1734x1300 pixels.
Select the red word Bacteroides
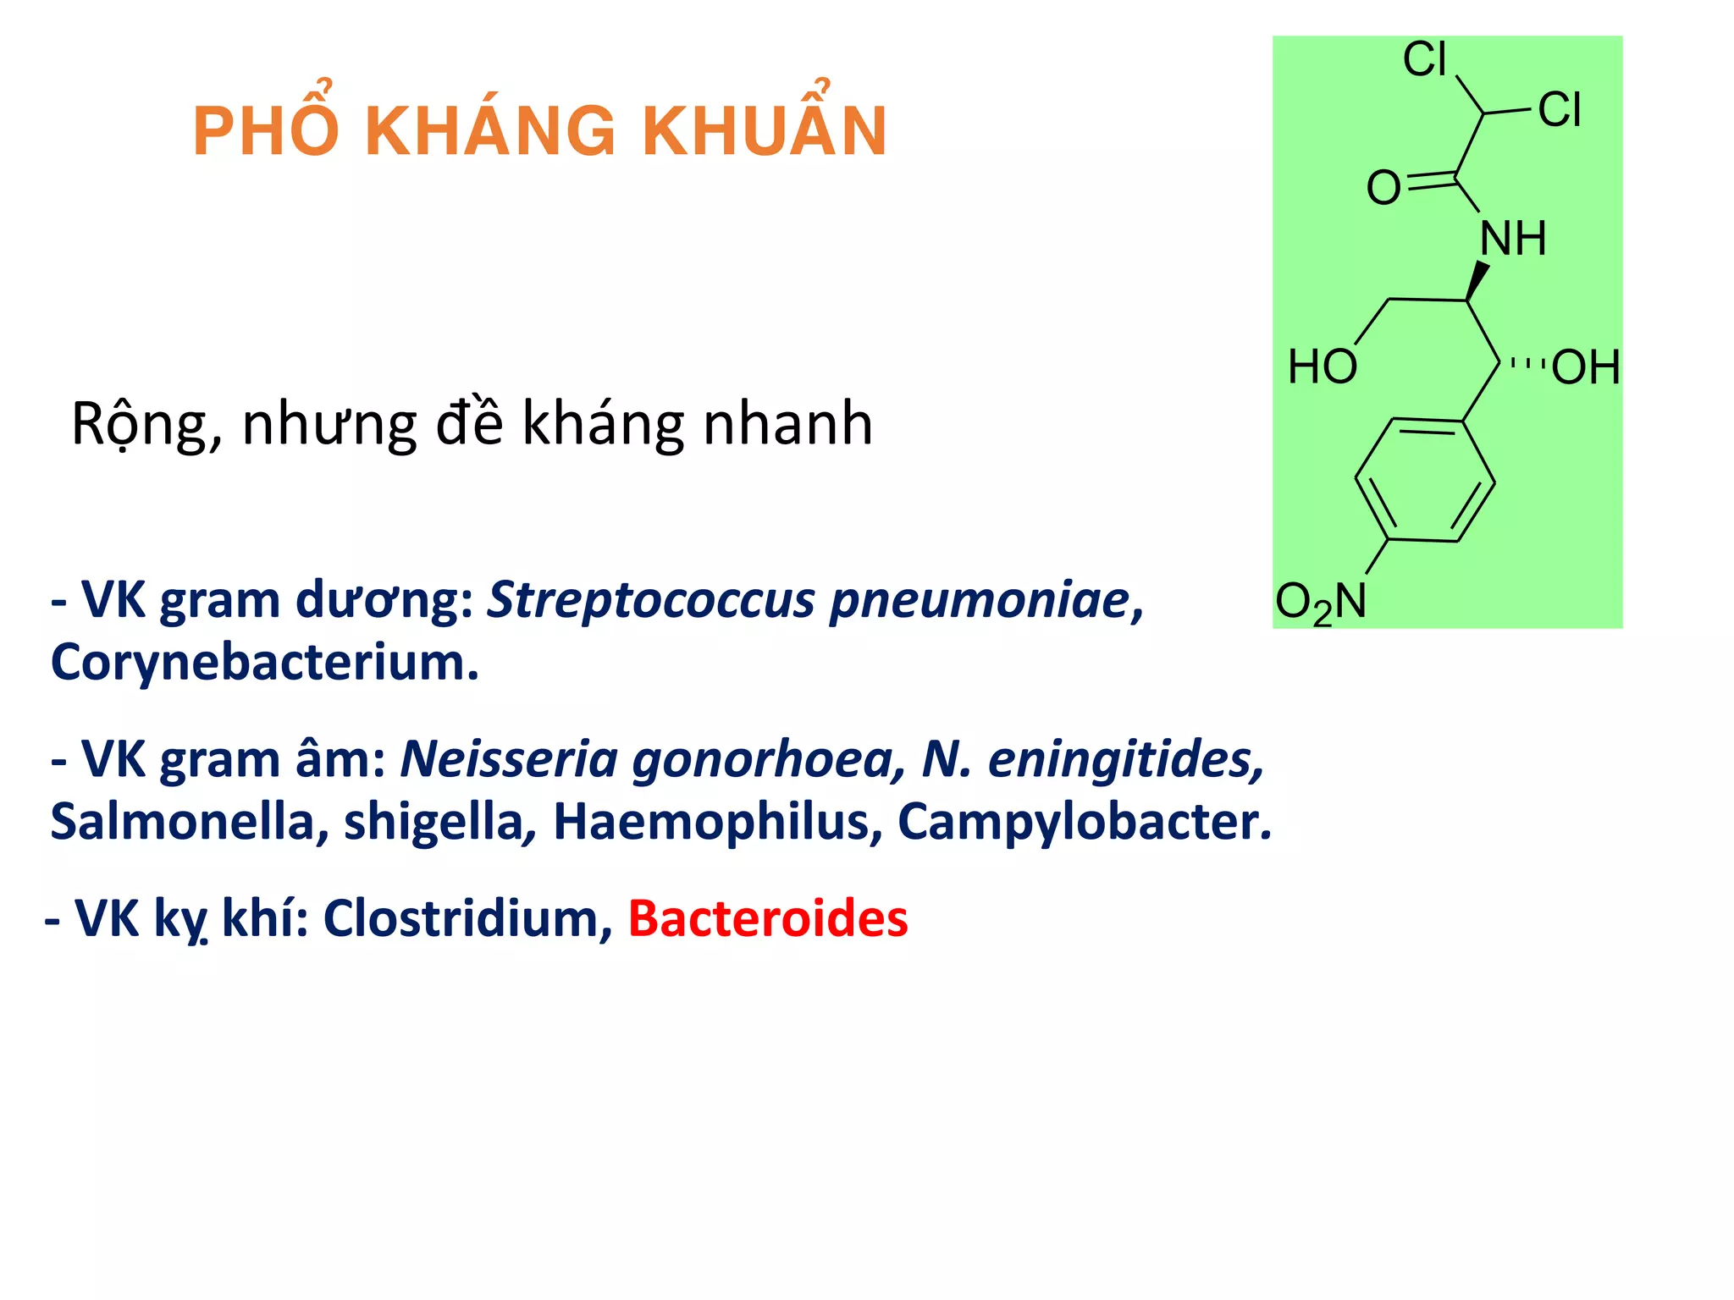click(767, 918)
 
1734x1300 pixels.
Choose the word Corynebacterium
click(264, 662)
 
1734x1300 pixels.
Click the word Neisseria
click(509, 759)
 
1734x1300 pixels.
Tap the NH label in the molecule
click(1513, 239)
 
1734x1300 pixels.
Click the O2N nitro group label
click(1321, 603)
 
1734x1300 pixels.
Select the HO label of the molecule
click(1323, 367)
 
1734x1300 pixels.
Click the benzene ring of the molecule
click(1425, 481)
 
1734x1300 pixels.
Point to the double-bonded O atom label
click(1383, 188)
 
